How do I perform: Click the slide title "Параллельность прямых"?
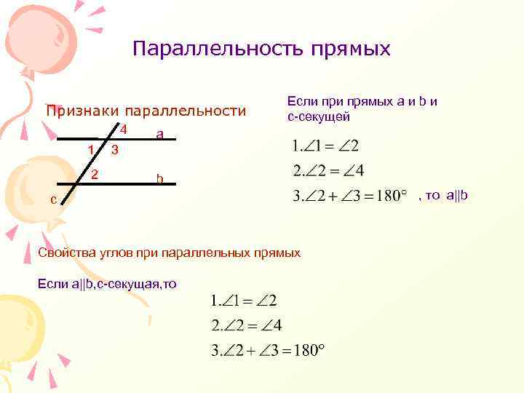point(261,49)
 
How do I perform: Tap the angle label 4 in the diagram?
point(124,130)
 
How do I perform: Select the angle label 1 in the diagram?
point(90,150)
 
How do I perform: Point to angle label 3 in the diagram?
point(114,150)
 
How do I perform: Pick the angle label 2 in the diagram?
point(95,175)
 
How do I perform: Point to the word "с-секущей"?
point(319,116)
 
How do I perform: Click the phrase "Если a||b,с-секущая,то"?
point(106,283)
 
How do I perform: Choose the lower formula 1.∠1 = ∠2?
point(243,300)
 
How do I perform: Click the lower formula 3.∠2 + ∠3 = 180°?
point(266,350)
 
